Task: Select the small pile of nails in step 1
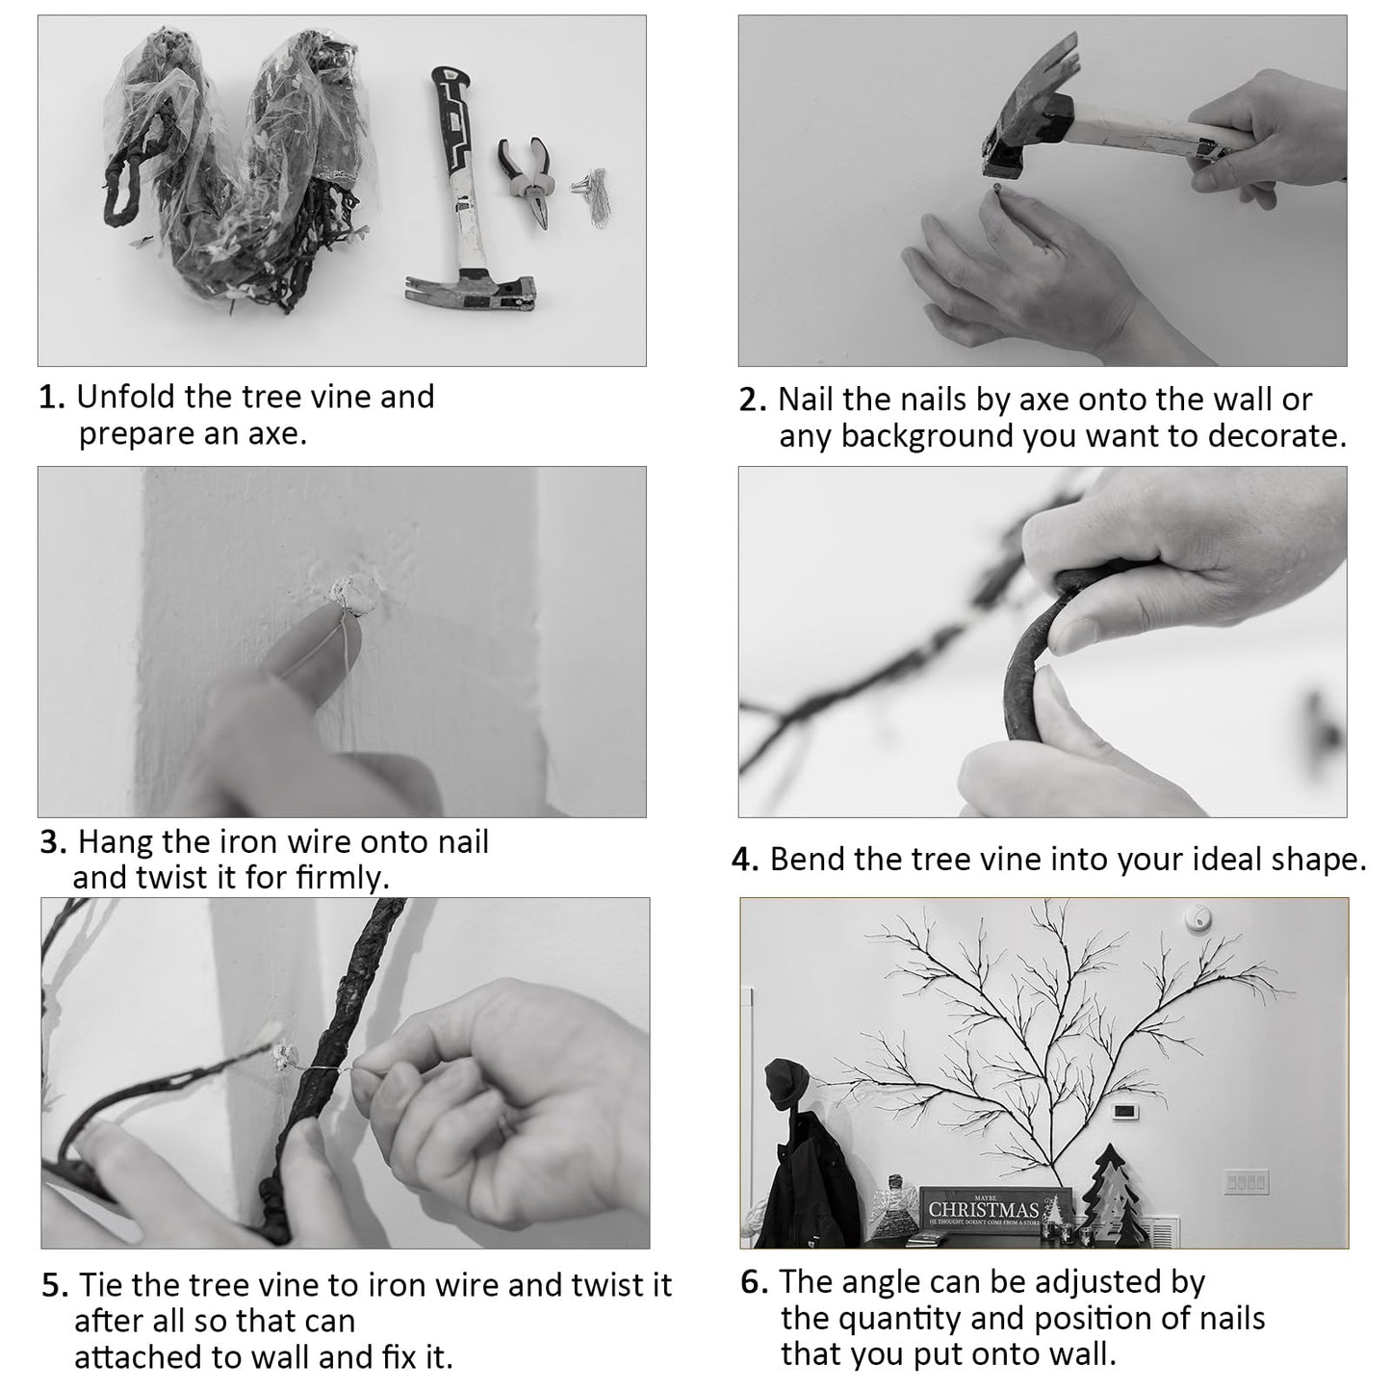pyautogui.click(x=593, y=193)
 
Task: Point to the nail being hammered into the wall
pyautogui.click(x=997, y=188)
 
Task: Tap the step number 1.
pyautogui.click(x=52, y=397)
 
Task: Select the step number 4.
pyautogui.click(x=745, y=860)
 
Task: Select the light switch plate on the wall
pyautogui.click(x=1246, y=1182)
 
